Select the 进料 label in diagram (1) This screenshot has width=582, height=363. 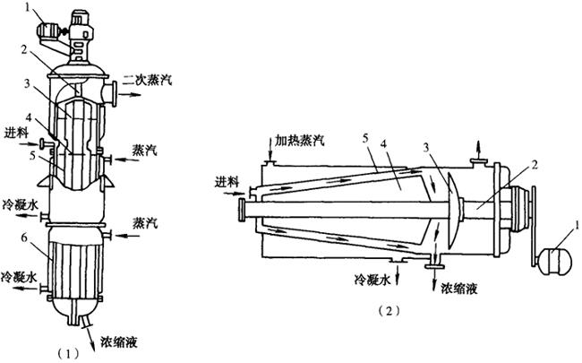[x=15, y=133]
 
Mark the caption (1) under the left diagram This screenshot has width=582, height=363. [x=68, y=353]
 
